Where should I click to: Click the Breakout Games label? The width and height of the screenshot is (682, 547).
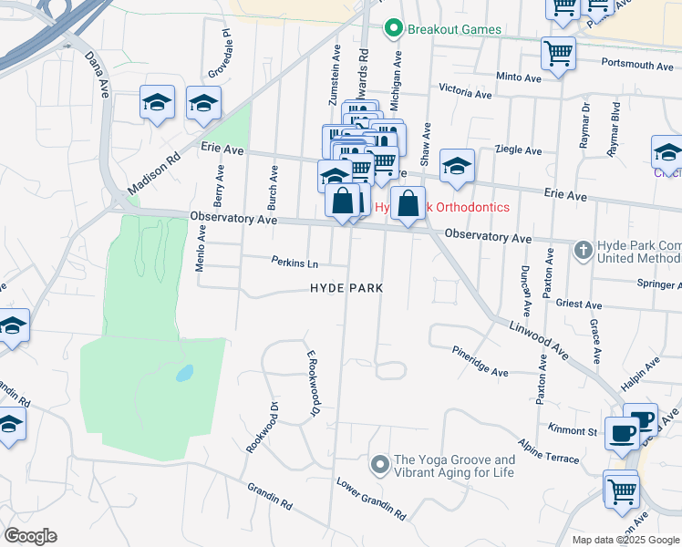coord(454,29)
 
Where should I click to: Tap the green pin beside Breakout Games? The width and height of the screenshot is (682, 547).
coord(394,29)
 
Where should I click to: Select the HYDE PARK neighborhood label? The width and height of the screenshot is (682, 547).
coord(346,288)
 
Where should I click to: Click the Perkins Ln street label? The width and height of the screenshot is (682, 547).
coord(294,263)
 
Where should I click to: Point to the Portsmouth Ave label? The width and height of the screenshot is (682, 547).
coord(637,66)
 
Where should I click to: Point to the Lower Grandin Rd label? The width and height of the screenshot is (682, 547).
coord(370,499)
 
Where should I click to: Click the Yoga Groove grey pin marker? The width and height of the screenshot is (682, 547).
coord(381,466)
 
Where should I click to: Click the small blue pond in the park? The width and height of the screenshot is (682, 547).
coord(184,373)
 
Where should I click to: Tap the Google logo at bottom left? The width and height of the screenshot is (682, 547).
coord(30,536)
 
